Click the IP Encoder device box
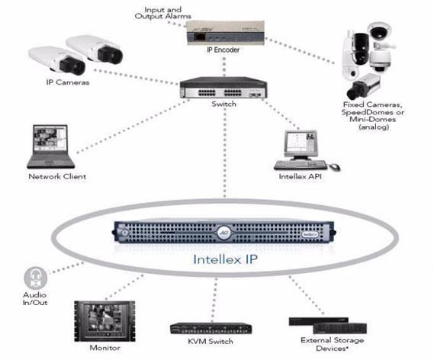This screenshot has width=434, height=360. coord(225,33)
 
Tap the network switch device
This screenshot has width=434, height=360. coord(223,88)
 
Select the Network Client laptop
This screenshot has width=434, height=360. coord(50,146)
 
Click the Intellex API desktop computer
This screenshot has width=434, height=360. coord(307,150)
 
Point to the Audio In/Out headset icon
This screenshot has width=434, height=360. coord(35,278)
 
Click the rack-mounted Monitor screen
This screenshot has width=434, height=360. coord(104,321)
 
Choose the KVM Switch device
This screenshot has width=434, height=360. coord(211,329)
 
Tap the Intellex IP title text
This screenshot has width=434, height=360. coord(225,259)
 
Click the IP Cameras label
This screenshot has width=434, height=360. coord(68,82)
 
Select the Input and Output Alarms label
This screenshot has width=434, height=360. coord(162,13)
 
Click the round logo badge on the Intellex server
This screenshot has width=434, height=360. coord(223,232)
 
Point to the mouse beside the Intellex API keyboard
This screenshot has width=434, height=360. coord(334,167)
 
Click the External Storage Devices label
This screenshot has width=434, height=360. coord(332,344)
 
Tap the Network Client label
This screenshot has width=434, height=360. coord(57,176)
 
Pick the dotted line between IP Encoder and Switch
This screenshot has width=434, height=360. coord(224,66)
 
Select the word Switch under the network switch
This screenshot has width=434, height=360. coord(224,104)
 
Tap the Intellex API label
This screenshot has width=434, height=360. coord(300,176)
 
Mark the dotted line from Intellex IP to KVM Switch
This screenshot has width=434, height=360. coord(214,300)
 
